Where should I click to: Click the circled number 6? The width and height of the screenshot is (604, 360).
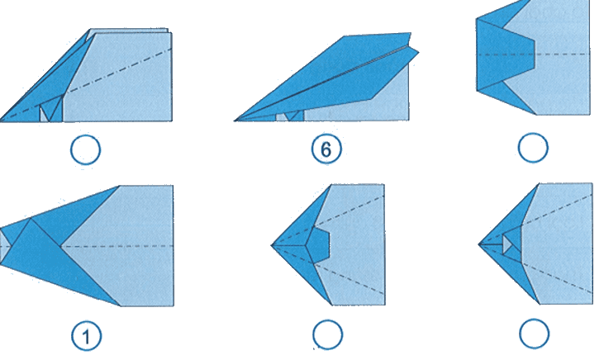pyautogui.click(x=326, y=149)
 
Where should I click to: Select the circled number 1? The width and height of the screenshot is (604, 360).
pyautogui.click(x=87, y=336)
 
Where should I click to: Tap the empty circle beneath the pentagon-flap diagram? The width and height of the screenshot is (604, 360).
pyautogui.click(x=327, y=335)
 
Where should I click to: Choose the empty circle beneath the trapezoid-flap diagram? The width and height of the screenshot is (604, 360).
pyautogui.click(x=533, y=148)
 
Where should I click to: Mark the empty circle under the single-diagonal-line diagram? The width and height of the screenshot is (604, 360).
pyautogui.click(x=85, y=149)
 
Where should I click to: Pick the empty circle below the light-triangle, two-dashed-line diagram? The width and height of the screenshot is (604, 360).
pyautogui.click(x=535, y=334)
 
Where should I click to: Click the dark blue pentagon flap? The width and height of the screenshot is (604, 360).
pyautogui.click(x=318, y=245)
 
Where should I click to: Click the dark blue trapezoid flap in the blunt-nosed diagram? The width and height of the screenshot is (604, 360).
pyautogui.click(x=505, y=54)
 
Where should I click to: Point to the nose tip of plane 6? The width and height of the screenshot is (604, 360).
pyautogui.click(x=235, y=121)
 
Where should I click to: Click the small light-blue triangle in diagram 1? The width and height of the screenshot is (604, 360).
pyautogui.click(x=4, y=246)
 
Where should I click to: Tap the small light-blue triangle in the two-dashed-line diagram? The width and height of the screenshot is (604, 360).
pyautogui.click(x=507, y=244)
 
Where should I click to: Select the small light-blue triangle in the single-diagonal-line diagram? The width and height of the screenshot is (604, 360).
pyautogui.click(x=43, y=115)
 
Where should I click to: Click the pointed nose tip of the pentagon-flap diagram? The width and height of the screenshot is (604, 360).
pyautogui.click(x=272, y=245)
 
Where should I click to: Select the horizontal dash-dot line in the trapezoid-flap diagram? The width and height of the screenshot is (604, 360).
pyautogui.click(x=533, y=54)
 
